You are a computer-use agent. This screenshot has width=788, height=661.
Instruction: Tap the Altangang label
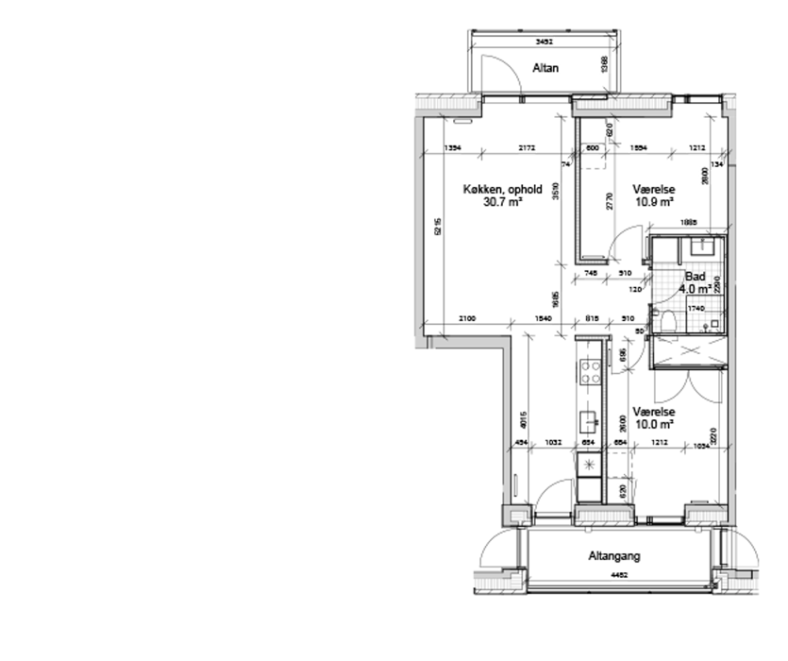(x=614, y=555)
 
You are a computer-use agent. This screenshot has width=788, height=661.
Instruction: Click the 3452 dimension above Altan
(x=544, y=42)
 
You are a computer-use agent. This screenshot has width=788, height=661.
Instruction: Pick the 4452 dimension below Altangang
(x=620, y=573)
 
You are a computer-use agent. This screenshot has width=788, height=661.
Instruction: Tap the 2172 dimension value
(x=528, y=147)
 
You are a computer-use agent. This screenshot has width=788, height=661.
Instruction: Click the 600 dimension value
(x=593, y=147)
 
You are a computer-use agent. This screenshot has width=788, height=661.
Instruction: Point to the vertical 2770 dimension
(x=610, y=201)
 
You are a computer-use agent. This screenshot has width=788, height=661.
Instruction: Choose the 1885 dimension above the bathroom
(x=688, y=223)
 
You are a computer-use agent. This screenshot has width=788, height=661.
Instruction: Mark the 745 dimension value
(x=592, y=273)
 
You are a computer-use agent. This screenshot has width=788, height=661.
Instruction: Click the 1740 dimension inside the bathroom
(x=696, y=309)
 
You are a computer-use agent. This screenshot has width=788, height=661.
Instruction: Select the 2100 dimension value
(x=467, y=318)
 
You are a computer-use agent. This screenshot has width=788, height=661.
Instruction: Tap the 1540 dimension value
(x=542, y=318)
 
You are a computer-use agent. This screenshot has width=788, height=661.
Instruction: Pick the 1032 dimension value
(x=553, y=441)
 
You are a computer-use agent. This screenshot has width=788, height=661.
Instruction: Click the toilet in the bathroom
(x=671, y=321)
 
